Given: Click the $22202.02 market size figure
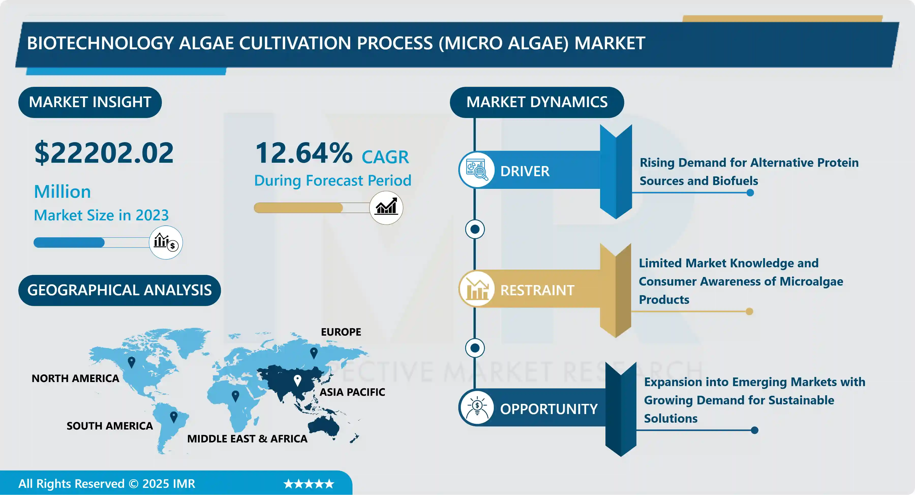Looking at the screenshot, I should (x=104, y=153).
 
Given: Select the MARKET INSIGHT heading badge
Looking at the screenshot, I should (x=90, y=102).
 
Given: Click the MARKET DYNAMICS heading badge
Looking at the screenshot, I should (x=537, y=102).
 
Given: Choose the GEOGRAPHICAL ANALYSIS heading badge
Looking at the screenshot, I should (x=119, y=290).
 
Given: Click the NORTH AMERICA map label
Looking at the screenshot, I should (x=75, y=379).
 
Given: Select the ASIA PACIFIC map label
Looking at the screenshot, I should (x=352, y=392).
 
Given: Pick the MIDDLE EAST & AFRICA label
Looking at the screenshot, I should (x=247, y=439).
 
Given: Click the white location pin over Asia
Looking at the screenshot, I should (x=298, y=381).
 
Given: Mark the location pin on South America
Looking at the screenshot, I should (x=174, y=417).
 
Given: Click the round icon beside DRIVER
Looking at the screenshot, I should (x=477, y=170).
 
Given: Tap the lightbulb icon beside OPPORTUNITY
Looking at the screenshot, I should (x=477, y=407).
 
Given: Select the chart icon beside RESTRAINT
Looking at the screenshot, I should (x=477, y=289).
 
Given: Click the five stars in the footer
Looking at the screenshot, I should (x=309, y=484).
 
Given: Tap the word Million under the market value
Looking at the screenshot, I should (x=63, y=192).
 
